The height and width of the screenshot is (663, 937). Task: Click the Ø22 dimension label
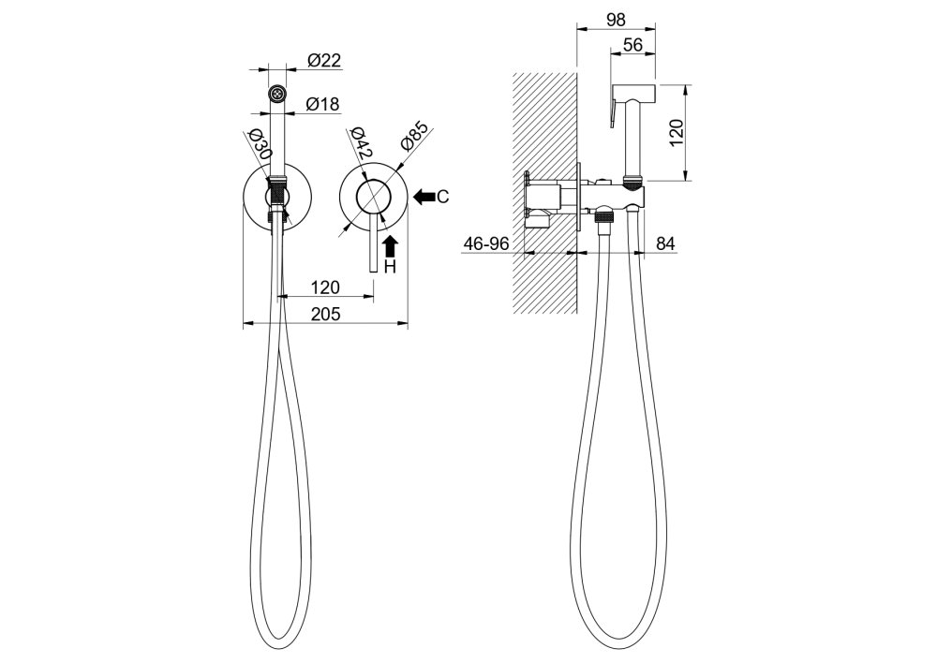pos(324,60)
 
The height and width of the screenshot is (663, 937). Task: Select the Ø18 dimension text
pos(322,104)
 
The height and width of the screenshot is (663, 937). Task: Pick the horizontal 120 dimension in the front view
pos(326,287)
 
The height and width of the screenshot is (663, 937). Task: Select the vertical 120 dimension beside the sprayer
pos(676,133)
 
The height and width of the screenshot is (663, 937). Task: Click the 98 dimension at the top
pos(616,20)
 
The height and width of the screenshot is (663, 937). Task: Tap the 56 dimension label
pos(632,45)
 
